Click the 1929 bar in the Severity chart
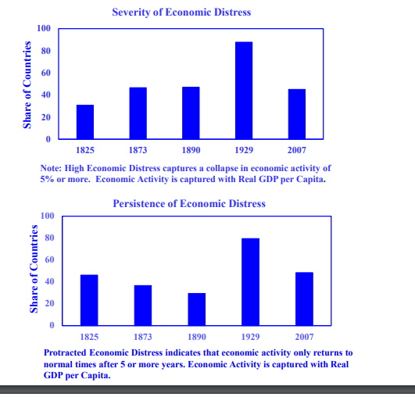click(244, 90)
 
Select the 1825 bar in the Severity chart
click(85, 122)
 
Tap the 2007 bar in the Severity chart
click(297, 114)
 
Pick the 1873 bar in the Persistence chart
click(143, 305)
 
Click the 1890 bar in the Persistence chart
click(197, 309)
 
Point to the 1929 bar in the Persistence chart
click(250, 282)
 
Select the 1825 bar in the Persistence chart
click(89, 300)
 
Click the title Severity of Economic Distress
click(181, 13)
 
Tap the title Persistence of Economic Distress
click(189, 203)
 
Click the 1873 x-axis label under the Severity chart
click(138, 150)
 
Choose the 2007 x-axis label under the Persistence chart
click(304, 337)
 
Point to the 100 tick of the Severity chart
click(44, 28)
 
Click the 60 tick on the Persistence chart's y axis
click(49, 259)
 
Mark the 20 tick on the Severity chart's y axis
click(46, 117)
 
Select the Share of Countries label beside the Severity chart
click(27, 85)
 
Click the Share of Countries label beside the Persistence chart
click(34, 269)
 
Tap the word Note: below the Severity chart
click(51, 168)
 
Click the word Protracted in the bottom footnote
click(65, 352)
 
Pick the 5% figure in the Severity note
click(47, 179)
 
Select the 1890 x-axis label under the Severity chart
click(191, 150)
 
